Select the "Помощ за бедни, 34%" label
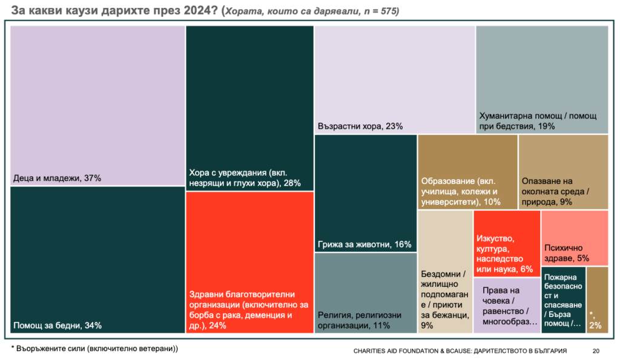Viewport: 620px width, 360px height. (x=58, y=326)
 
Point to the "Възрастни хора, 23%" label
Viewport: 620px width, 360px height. (x=360, y=126)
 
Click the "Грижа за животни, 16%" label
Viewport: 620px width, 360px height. (x=364, y=244)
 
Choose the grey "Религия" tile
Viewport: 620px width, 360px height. (x=365, y=293)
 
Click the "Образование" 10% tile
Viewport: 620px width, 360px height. (x=467, y=172)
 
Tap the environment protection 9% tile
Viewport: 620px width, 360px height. (x=563, y=172)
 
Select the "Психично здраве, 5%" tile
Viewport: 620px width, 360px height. (x=574, y=238)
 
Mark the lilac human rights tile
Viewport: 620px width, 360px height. (x=507, y=305)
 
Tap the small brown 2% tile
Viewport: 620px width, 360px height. (x=597, y=299)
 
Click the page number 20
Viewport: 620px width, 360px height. (x=596, y=351)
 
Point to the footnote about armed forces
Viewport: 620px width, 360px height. (x=95, y=349)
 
